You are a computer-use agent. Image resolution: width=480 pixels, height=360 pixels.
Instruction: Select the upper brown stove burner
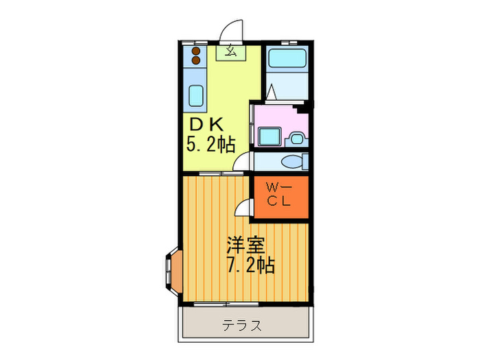(196, 51)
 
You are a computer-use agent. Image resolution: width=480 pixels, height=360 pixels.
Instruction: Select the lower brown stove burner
(196, 60)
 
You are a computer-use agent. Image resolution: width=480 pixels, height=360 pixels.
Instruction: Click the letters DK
(206, 125)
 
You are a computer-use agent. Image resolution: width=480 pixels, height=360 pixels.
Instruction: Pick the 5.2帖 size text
(211, 144)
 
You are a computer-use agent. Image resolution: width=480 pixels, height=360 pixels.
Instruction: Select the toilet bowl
(292, 162)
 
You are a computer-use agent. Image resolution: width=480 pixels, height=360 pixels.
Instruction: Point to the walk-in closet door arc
(243, 208)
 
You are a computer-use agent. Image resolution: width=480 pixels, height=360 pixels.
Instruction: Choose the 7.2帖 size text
(251, 265)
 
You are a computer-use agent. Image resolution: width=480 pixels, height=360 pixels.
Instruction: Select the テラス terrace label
(241, 326)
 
